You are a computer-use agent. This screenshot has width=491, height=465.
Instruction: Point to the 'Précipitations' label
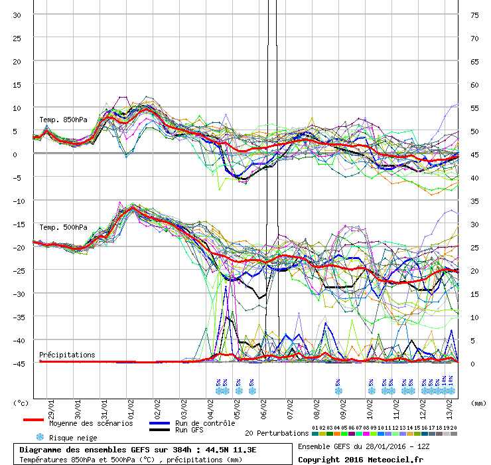[x=67, y=355]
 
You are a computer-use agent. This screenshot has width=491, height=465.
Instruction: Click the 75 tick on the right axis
[x=474, y=15]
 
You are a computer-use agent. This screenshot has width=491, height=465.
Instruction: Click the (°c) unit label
[x=21, y=402]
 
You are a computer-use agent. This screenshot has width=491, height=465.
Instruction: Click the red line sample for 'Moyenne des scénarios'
[x=33, y=420]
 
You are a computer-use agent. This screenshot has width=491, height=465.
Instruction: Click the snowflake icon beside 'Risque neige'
[x=40, y=437]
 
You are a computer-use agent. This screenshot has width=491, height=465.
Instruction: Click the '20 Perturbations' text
[x=276, y=433]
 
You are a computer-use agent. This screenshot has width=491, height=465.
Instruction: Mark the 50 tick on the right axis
[x=474, y=131]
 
